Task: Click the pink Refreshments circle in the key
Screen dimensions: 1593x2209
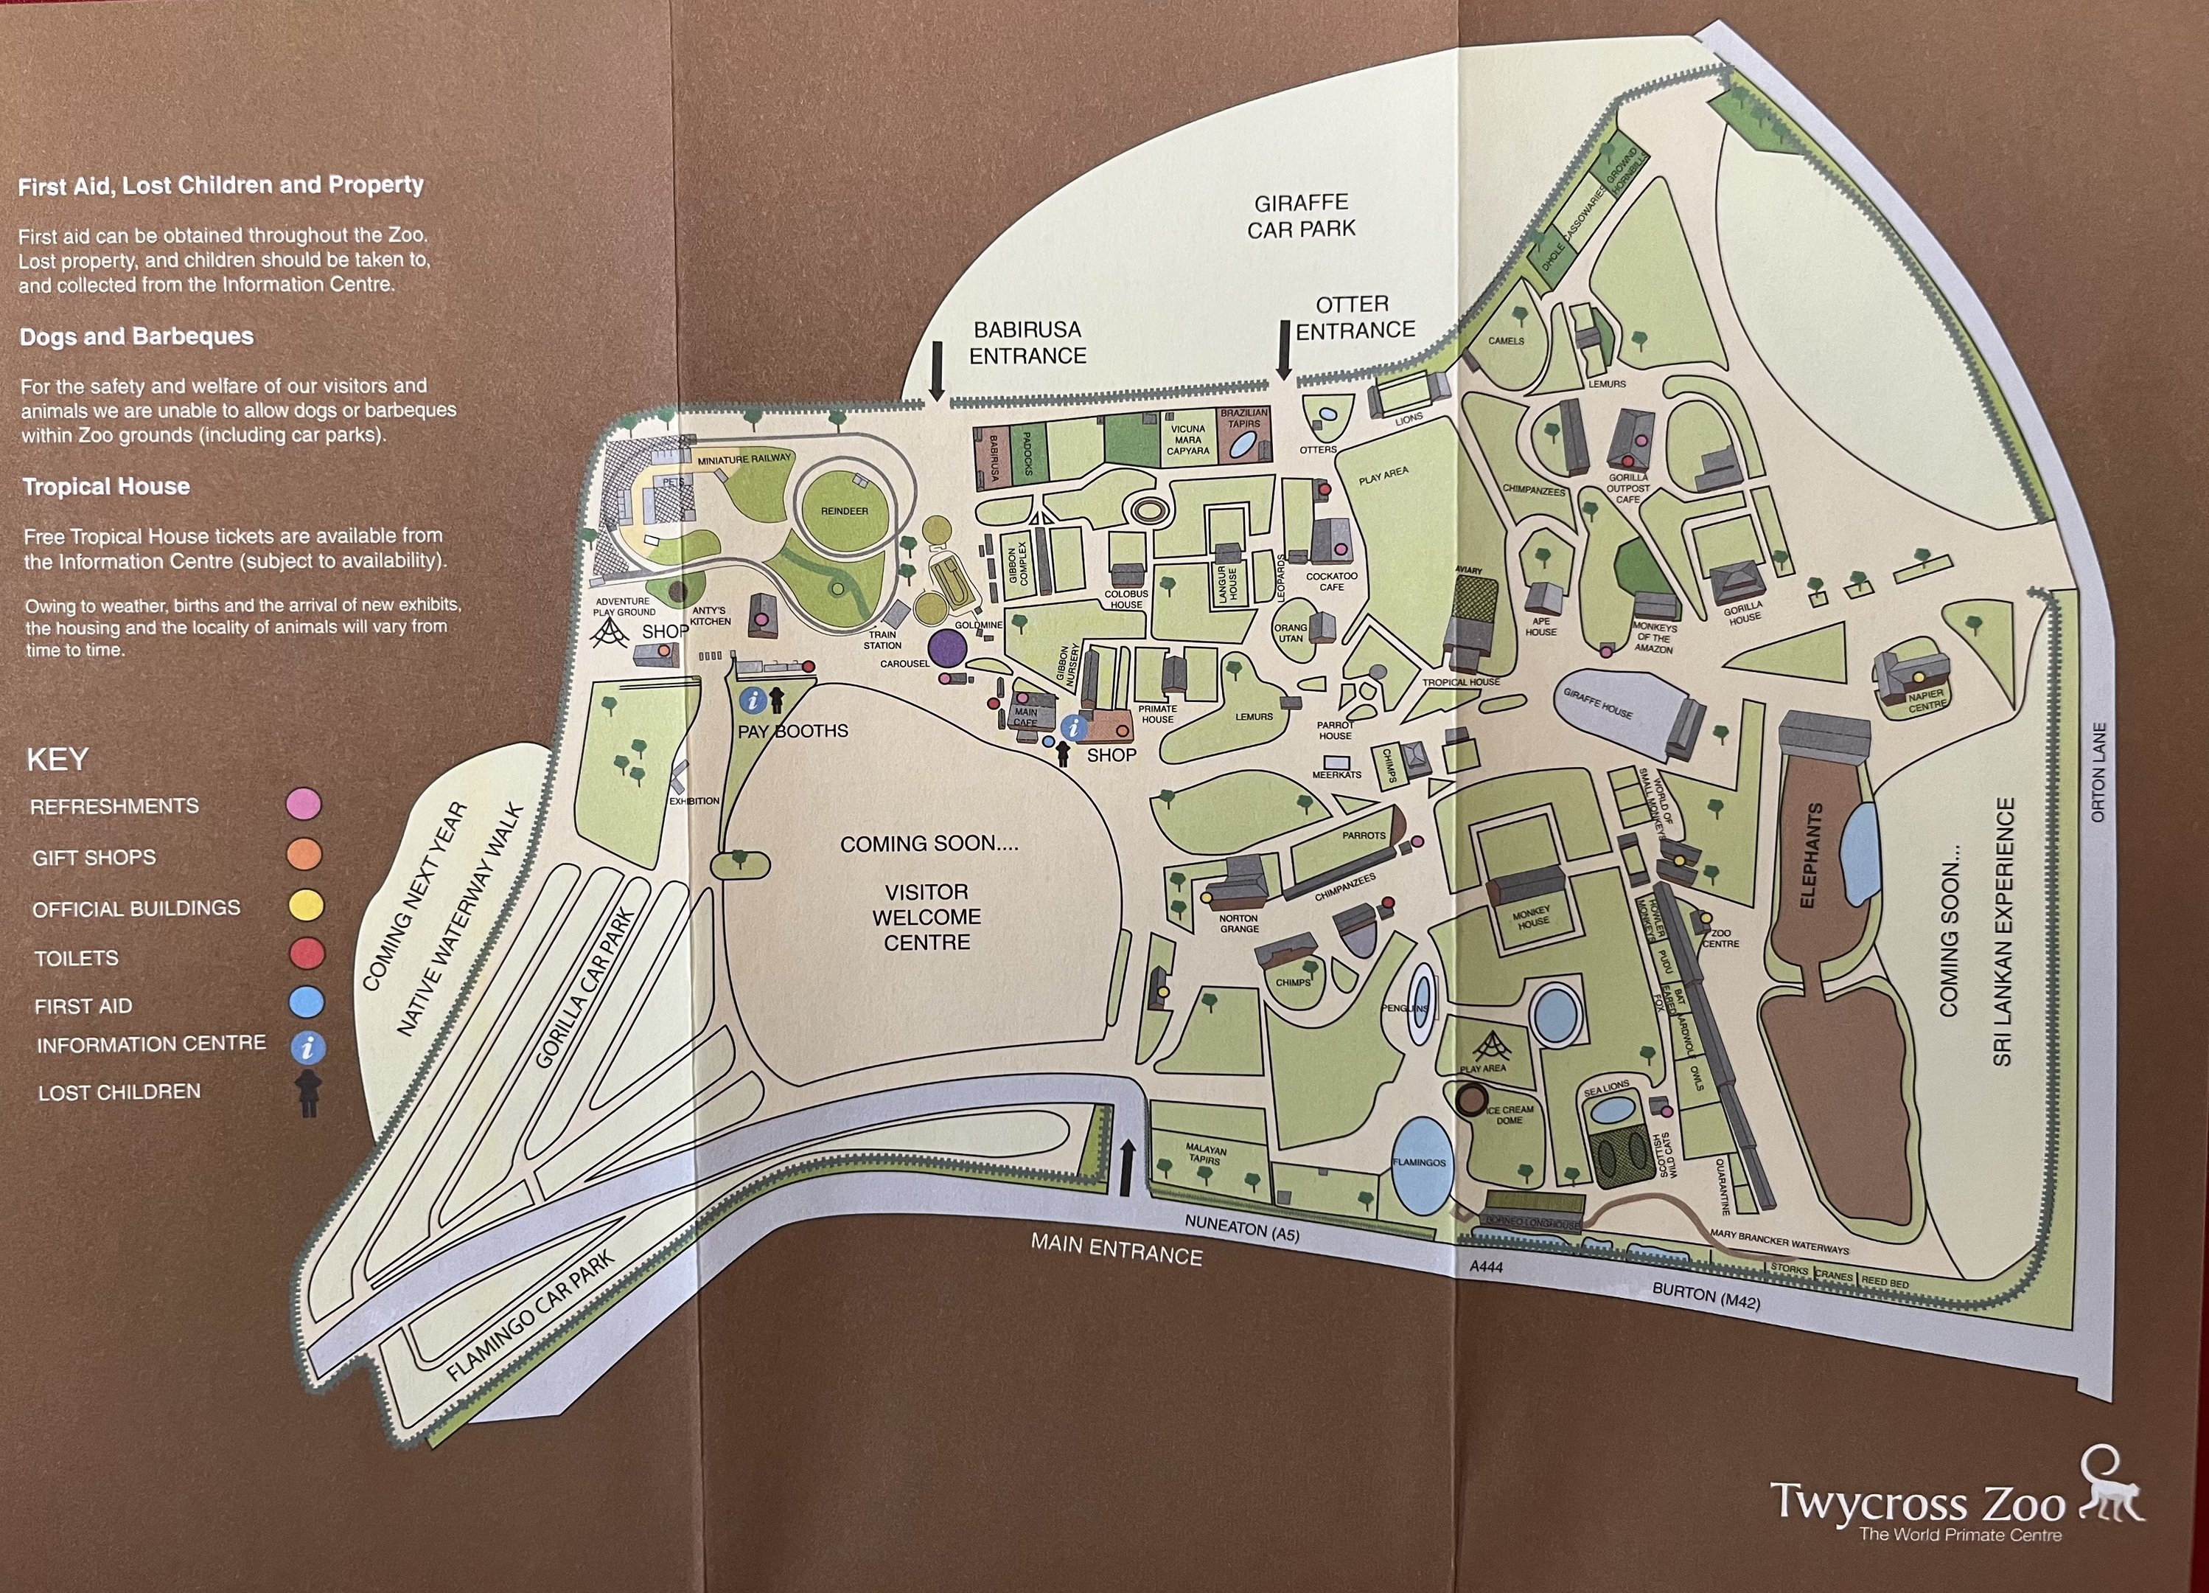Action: [304, 804]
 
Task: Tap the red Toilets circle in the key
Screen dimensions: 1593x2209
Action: [307, 953]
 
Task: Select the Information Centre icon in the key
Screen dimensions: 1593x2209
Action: [308, 1047]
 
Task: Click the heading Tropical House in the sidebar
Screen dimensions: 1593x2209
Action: [106, 486]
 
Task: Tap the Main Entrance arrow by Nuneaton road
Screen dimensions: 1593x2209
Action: [1127, 1168]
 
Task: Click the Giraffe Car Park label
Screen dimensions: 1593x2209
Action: [1301, 215]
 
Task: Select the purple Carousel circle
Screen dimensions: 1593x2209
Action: [946, 647]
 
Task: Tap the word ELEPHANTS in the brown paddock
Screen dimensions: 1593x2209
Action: [1809, 855]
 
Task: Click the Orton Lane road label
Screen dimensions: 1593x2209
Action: [2099, 771]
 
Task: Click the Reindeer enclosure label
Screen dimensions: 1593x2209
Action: [843, 510]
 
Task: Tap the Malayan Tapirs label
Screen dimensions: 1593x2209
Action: [1205, 1155]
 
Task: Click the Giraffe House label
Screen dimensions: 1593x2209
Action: [1597, 704]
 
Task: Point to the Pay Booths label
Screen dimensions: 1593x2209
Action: [793, 731]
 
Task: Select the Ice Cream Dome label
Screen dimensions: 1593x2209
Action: [1510, 1114]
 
